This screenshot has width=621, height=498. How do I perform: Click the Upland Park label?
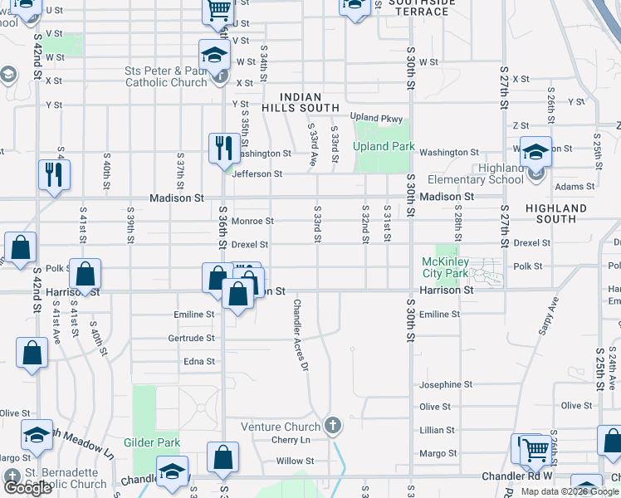tap(382, 146)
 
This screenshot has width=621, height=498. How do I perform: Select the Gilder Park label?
tap(152, 443)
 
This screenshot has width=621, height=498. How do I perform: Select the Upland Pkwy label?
tap(375, 118)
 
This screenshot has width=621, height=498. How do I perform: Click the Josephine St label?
tap(446, 384)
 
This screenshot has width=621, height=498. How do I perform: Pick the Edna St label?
tap(199, 362)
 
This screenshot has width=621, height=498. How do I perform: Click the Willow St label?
tap(295, 461)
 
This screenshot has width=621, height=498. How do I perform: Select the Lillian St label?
tap(438, 430)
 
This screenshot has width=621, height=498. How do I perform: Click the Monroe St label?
tap(252, 222)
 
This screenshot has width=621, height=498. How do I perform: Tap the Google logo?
tap(27, 488)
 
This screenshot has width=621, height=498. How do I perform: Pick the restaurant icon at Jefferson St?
tap(222, 149)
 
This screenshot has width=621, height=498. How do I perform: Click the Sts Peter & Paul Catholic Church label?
tap(166, 76)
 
